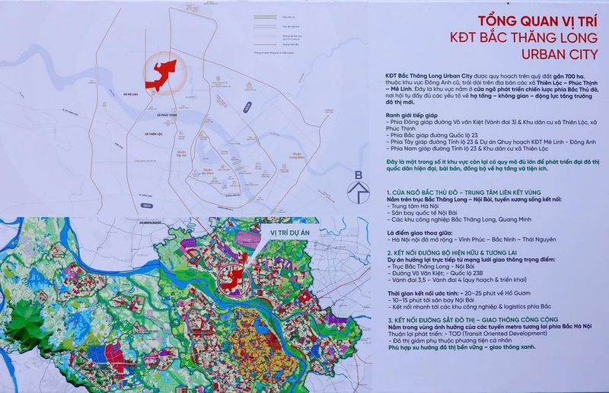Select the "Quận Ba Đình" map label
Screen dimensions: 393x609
tap(206, 173)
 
